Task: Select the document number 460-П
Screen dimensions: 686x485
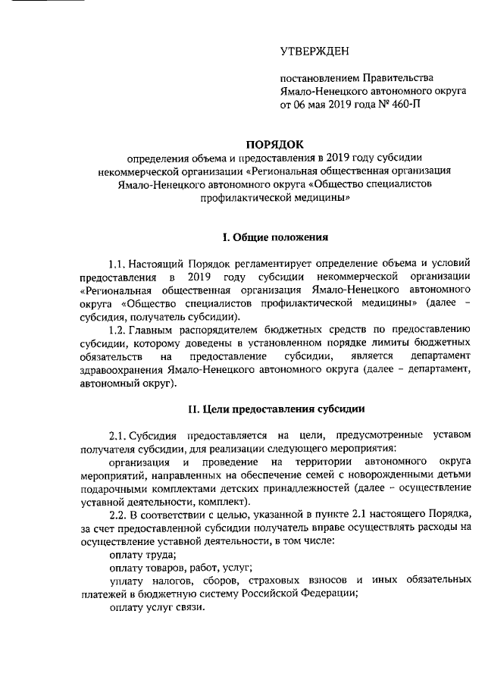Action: coord(402,105)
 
